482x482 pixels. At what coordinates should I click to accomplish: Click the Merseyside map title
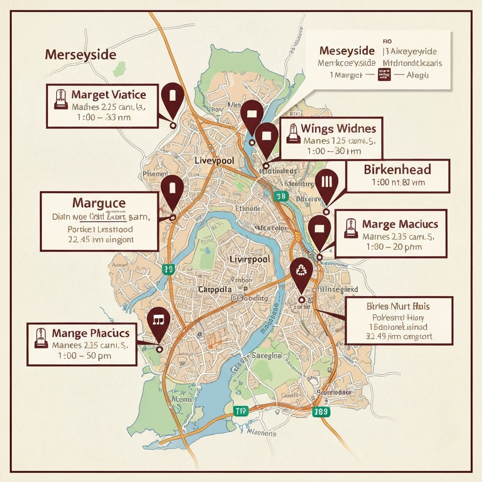80,55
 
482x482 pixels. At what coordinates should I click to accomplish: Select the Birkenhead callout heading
397,169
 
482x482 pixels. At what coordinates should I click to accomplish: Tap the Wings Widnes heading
338,128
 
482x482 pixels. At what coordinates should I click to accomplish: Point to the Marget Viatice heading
108,95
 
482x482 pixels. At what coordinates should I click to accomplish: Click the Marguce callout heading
99,203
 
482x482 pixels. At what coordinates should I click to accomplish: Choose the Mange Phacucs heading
90,333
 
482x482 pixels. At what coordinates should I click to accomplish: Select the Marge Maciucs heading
400,224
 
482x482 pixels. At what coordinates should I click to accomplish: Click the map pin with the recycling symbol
301,271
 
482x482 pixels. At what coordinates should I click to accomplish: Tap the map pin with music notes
158,321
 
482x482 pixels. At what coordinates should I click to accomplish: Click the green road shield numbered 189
321,412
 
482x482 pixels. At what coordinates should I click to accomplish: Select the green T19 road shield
240,411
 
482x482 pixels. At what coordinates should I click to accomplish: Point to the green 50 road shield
281,196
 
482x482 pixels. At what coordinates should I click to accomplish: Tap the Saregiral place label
267,356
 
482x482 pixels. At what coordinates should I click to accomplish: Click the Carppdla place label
215,289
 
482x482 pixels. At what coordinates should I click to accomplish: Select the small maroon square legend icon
384,74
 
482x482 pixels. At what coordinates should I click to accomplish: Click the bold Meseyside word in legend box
347,51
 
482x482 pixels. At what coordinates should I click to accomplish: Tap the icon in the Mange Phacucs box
41,338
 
